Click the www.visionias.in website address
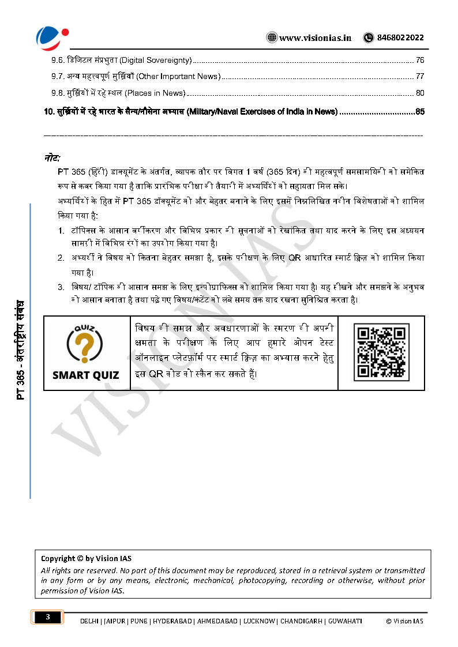point(316,38)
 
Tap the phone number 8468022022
point(400,38)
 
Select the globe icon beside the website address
point(272,38)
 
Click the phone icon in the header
point(369,38)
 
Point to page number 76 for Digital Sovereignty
point(420,60)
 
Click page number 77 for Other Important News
point(420,76)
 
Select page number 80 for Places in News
point(420,93)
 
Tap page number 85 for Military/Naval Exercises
point(420,111)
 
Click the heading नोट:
point(52,158)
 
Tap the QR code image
point(381,352)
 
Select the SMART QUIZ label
point(85,375)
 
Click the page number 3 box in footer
point(48,618)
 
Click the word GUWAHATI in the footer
point(344,621)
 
